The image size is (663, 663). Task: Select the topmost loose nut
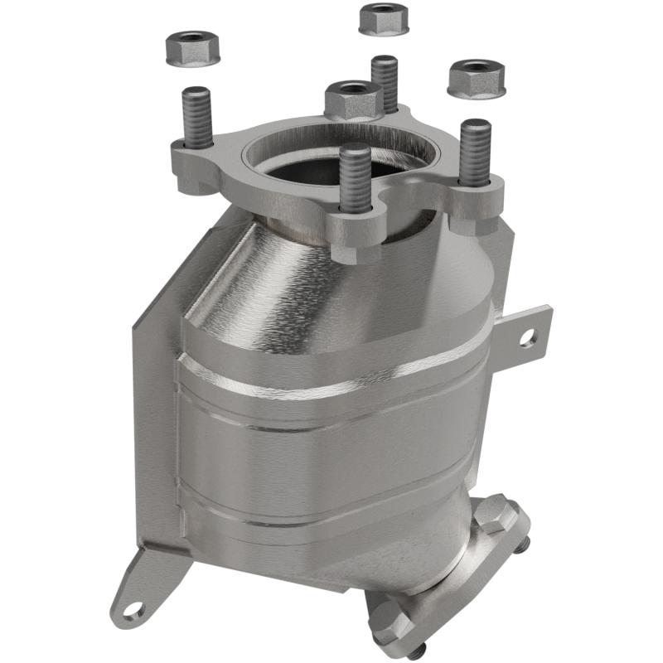[x=384, y=18]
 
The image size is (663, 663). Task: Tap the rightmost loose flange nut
[x=477, y=77]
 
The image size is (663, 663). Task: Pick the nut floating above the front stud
[x=354, y=98]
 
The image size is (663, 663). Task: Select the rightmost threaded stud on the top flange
[x=475, y=153]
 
